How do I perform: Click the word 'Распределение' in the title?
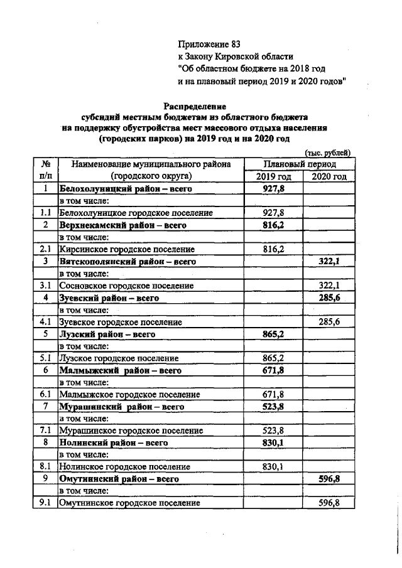coord(195,106)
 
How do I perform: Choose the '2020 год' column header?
coord(329,176)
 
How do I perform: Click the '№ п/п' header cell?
coord(46,170)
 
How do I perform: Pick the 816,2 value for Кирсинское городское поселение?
coord(273,249)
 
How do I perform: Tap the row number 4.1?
coord(45,322)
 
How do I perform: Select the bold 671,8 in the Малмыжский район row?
coord(273,370)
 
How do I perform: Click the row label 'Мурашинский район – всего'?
coord(121,407)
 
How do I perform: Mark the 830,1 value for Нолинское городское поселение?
coord(273,467)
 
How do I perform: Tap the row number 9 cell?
coord(45,479)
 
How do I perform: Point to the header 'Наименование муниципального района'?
coord(151,164)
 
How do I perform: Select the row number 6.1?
coord(45,395)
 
